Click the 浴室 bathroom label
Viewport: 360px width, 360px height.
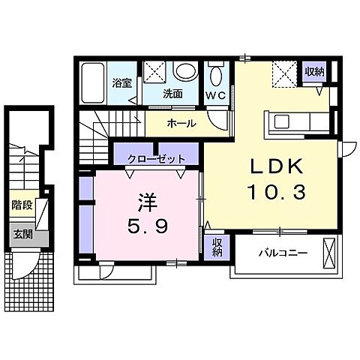coord(121,83)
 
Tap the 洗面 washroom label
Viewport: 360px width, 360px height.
coord(172,94)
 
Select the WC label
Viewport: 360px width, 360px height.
coord(215,95)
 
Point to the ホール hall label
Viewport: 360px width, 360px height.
coord(181,123)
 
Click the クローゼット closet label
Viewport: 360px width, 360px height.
coord(156,159)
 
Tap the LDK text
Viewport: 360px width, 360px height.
coord(277,166)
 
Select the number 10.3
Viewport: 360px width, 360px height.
coord(277,192)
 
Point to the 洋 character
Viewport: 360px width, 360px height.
coord(147,203)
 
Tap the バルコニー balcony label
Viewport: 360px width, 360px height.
coord(283,253)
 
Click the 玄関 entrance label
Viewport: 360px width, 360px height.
coord(22,235)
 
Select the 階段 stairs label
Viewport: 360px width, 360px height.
coord(22,205)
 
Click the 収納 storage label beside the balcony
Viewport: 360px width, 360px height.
coord(217,247)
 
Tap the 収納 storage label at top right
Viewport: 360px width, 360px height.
coord(314,72)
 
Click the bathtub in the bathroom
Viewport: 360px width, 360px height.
coord(93,83)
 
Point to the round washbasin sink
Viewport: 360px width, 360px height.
coord(185,70)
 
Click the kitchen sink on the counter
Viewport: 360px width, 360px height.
coord(282,121)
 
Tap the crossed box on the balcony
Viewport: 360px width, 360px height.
coord(328,253)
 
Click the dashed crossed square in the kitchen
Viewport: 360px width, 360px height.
coord(284,74)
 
